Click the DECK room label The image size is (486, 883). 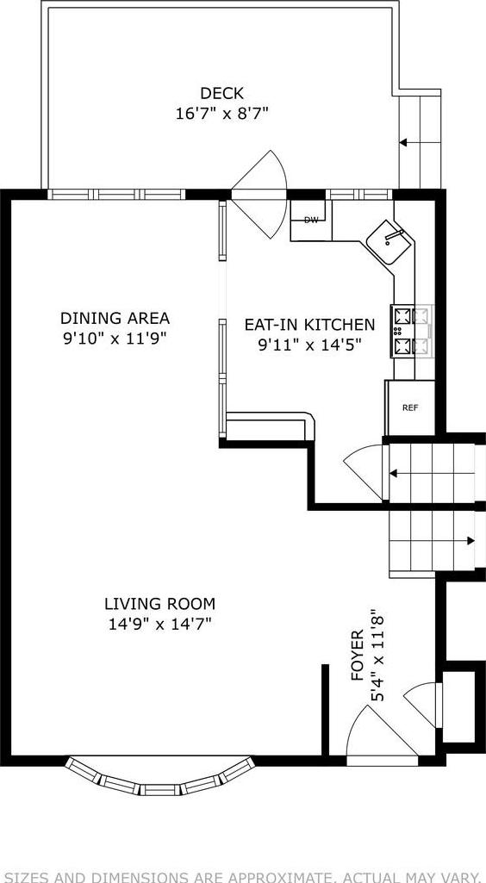[x=221, y=93]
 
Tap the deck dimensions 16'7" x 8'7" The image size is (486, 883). [x=222, y=113]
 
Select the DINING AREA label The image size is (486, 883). [x=115, y=318]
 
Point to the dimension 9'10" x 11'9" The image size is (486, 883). [x=115, y=338]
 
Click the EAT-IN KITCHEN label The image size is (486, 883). [x=309, y=325]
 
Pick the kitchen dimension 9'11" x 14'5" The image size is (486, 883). [x=309, y=345]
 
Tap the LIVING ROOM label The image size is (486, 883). [x=159, y=603]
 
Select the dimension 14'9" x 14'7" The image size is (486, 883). [x=159, y=623]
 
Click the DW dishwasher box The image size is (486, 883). [x=311, y=221]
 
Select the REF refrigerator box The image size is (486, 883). [x=410, y=407]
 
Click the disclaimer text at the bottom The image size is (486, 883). [x=243, y=877]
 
